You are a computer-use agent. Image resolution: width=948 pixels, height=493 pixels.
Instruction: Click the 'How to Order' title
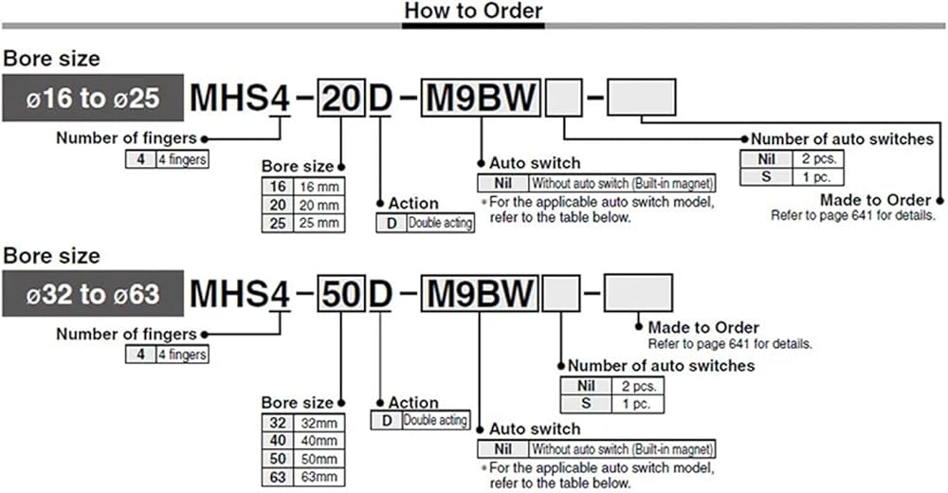click(x=473, y=11)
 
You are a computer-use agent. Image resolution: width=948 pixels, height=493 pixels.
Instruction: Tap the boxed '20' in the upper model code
click(x=339, y=99)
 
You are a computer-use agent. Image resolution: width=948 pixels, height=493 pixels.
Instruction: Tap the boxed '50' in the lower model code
click(x=339, y=295)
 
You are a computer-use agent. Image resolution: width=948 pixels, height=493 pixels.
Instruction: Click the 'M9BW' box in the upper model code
click(x=480, y=99)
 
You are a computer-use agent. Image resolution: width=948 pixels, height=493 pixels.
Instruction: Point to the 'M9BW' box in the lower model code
click(x=480, y=295)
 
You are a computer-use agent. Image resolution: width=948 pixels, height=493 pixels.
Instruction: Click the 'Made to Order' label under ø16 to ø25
click(x=876, y=200)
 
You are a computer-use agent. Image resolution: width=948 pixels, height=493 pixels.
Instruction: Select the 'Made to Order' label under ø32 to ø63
click(x=703, y=327)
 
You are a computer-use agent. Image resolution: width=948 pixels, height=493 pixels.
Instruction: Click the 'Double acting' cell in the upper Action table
click(x=440, y=224)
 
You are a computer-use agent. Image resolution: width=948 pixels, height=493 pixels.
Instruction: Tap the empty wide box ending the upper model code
click(x=641, y=99)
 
